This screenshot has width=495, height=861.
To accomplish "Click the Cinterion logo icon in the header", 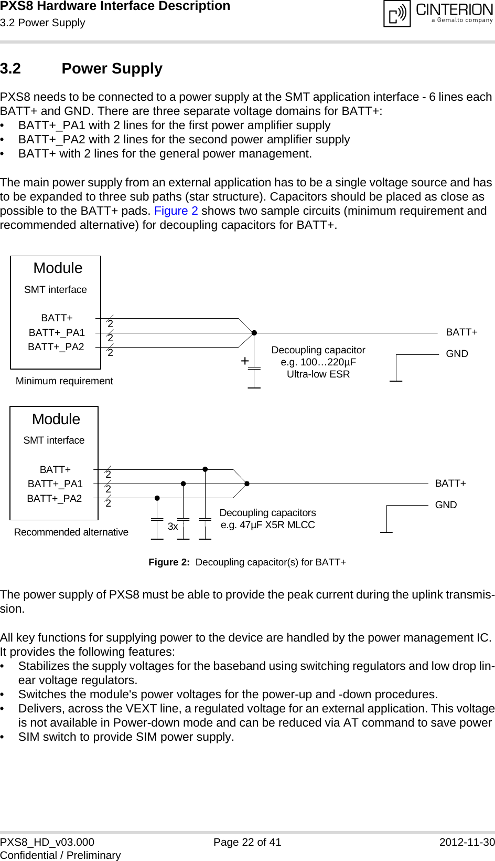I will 397,14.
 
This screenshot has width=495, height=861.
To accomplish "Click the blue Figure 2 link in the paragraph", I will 176,211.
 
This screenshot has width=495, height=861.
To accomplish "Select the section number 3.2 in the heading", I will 10,69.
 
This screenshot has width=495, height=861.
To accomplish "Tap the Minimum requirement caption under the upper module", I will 64,381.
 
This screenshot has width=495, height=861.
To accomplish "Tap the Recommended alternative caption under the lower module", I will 71,532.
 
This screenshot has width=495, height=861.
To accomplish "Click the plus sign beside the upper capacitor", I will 244,361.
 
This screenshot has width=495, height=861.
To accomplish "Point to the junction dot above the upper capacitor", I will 254,333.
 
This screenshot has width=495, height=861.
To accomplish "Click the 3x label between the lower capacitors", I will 173,527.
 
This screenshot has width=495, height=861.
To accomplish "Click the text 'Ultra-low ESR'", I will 318,374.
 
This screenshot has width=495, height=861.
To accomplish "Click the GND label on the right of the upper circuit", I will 457,354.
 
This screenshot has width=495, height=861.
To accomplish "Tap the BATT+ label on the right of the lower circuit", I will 450,484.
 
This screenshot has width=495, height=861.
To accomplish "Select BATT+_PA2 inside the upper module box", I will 56,347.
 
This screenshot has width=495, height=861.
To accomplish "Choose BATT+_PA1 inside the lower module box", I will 55,484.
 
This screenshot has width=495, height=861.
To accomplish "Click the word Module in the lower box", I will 56,419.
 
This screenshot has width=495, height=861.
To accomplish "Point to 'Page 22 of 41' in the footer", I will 247,842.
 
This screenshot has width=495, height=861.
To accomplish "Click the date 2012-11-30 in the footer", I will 467,842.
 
